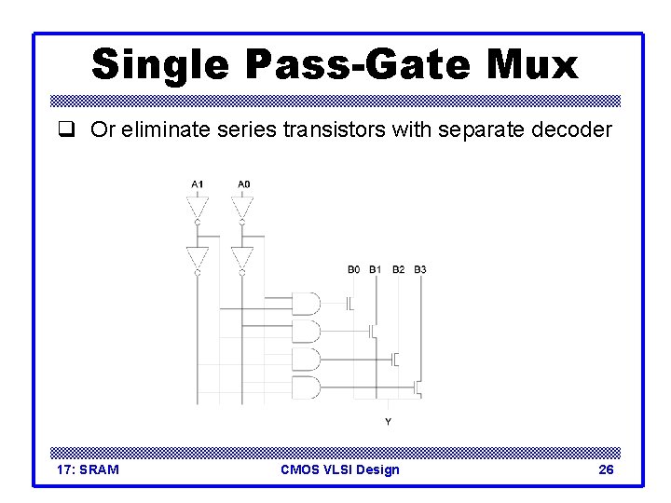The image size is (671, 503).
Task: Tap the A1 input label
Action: click(198, 184)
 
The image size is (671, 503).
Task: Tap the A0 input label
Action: click(243, 184)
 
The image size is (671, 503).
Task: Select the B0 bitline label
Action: click(354, 270)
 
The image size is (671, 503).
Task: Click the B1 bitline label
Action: click(376, 270)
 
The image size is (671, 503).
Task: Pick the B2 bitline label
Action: click(399, 270)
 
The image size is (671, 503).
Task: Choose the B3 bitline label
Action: click(421, 270)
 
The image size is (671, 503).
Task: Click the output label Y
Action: click(389, 422)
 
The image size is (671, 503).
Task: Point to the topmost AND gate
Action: click(306, 304)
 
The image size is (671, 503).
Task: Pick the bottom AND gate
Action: click(306, 386)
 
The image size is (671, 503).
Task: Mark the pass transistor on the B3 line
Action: click(418, 386)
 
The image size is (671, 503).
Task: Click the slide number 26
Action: click(606, 469)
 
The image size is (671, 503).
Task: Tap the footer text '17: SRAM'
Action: click(88, 469)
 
